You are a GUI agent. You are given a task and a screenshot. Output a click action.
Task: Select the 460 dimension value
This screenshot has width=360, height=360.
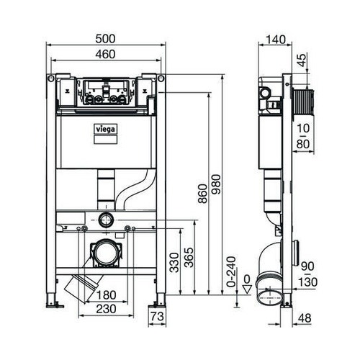[x=106, y=55]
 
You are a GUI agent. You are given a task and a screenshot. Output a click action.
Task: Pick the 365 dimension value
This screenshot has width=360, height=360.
[x=189, y=262]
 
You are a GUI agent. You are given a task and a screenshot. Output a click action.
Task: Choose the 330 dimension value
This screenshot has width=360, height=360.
[x=173, y=263]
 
